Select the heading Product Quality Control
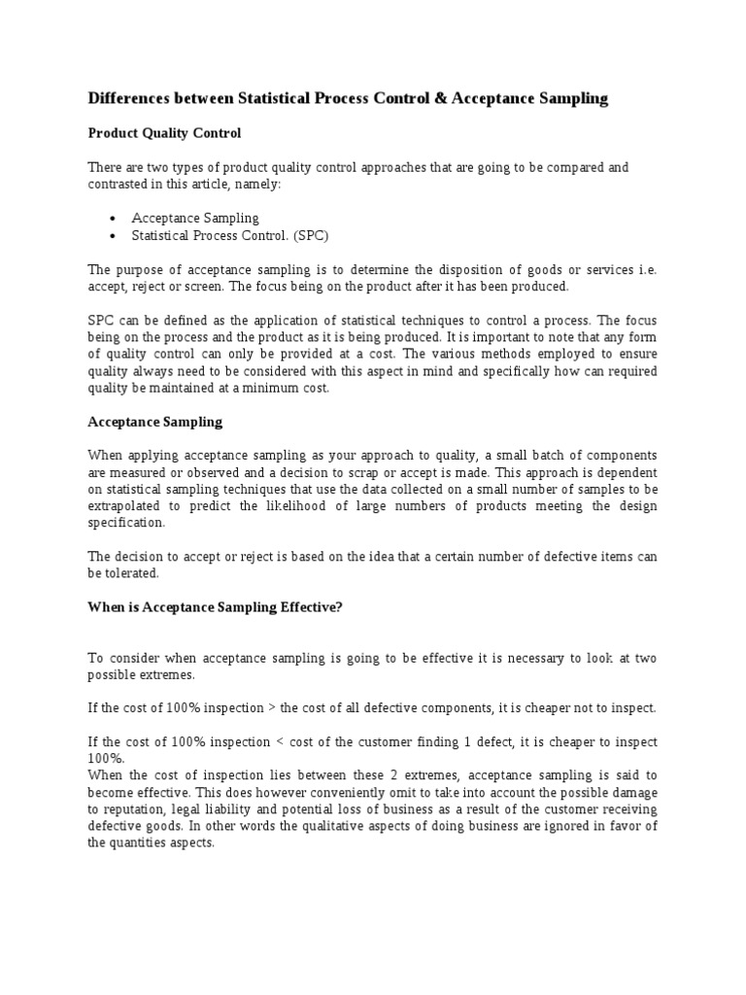point(164,132)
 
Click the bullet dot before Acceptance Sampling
point(114,219)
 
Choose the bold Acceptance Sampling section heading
point(155,422)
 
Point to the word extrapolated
point(127,506)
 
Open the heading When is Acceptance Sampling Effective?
point(216,607)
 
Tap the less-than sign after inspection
point(278,741)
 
